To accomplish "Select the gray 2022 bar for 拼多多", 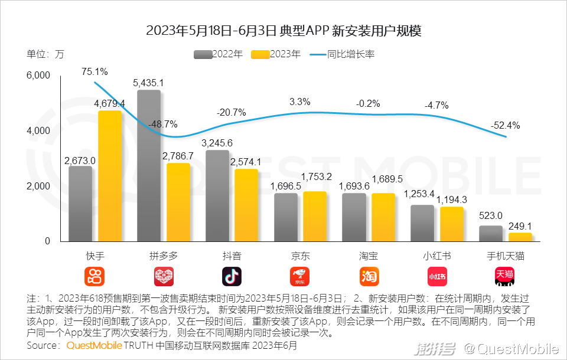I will (x=149, y=166).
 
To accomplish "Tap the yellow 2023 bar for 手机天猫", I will (x=520, y=237).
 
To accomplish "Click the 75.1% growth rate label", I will (x=94, y=72).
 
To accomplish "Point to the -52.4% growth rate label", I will (x=505, y=125).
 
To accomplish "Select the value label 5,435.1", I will (x=149, y=83).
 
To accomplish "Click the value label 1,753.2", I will (x=317, y=176).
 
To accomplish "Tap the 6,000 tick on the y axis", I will (x=39, y=76).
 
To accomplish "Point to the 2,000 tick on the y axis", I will (x=39, y=186).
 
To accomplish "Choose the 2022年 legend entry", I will (x=218, y=54).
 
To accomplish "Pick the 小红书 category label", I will (x=437, y=256).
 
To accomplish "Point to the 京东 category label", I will (x=300, y=256).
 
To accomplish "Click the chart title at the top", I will (x=283, y=31).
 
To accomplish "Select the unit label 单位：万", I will (x=45, y=54).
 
